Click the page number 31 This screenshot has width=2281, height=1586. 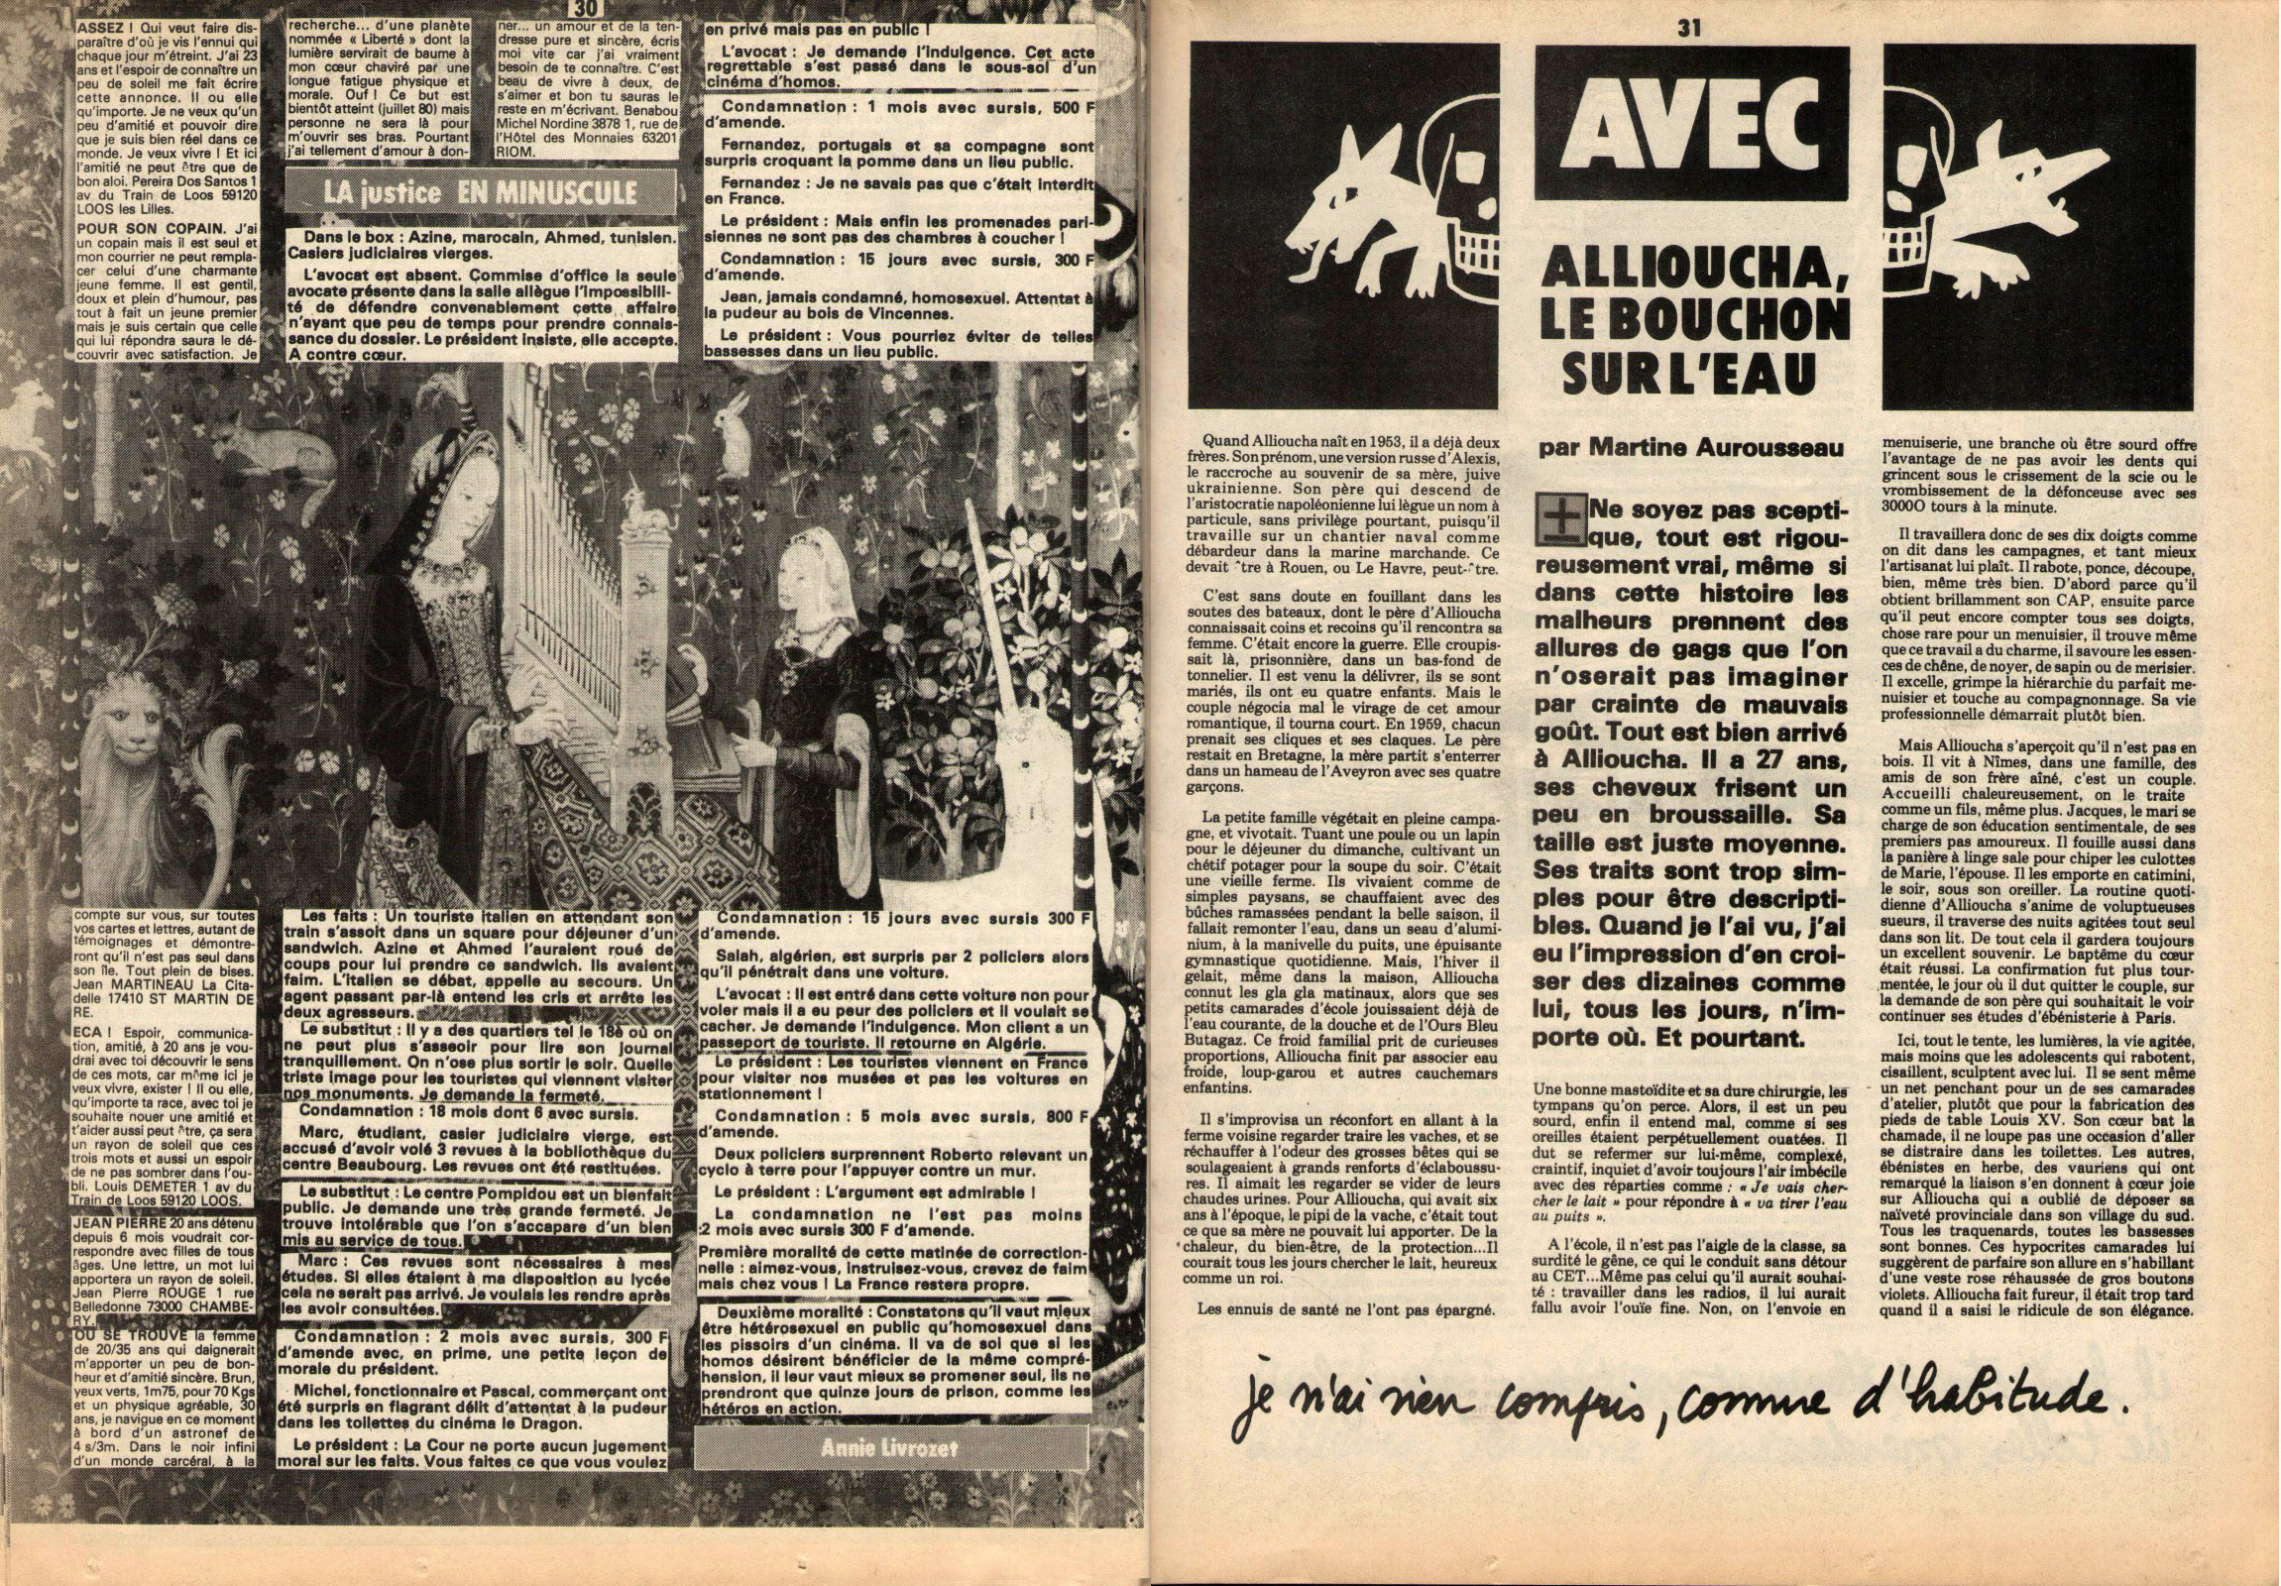pos(1688,30)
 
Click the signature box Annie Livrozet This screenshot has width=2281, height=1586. pos(889,1447)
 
